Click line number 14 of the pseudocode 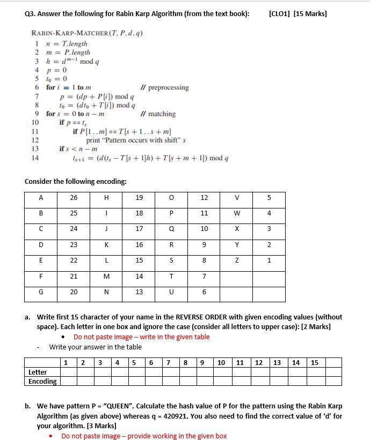coord(35,158)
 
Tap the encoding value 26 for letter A coord(74,198)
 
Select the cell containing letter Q coord(171,229)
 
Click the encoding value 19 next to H coord(139,198)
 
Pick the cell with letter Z coord(236,260)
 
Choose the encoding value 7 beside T coord(204,276)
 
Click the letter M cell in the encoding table coord(106,276)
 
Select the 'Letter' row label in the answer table coord(38,372)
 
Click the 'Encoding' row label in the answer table coord(42,381)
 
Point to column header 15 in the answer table coord(315,362)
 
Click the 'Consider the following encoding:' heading coord(76,181)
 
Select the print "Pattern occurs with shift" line coord(136,140)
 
